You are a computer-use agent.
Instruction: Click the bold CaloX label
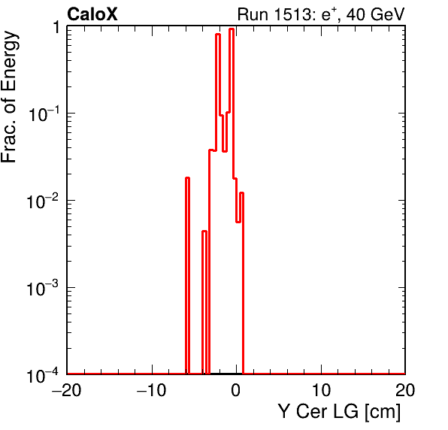(92, 14)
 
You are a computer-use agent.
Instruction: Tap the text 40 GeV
(376, 14)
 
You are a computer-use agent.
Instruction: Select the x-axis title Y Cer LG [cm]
(340, 412)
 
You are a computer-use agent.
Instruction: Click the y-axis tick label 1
(56, 28)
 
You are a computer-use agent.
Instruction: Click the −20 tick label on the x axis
(67, 390)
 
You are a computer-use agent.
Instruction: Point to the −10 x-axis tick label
(152, 390)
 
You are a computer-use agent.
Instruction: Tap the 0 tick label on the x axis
(236, 390)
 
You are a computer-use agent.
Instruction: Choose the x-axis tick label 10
(321, 390)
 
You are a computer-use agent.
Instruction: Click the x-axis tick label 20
(405, 390)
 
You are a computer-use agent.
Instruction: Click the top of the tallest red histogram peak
(232, 29)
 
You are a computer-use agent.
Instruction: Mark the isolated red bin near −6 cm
(187, 275)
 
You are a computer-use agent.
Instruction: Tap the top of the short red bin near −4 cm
(204, 231)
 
